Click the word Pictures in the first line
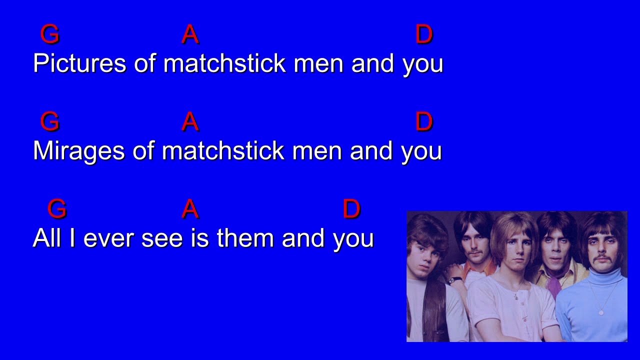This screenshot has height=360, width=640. (x=79, y=63)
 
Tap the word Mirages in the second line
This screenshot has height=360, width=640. (x=78, y=150)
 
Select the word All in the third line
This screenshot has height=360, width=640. (x=46, y=238)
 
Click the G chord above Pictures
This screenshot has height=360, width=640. (x=49, y=34)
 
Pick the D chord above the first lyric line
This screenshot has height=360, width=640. (x=423, y=34)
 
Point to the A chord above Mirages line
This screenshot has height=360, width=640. (x=190, y=121)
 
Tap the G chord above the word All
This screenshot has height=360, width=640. (x=57, y=209)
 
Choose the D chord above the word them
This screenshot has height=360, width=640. (x=351, y=209)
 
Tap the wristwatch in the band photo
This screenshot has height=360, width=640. (x=455, y=280)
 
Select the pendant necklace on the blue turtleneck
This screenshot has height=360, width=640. (x=601, y=312)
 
